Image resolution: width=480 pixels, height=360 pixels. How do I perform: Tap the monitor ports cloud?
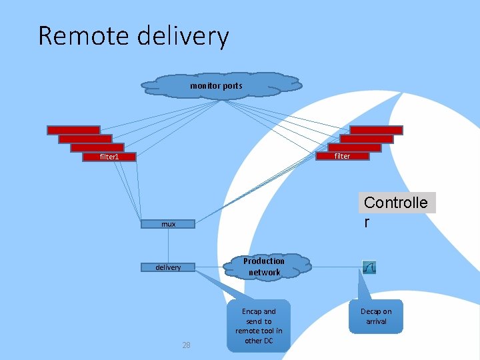220,85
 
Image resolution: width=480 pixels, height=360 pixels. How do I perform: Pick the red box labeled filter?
341,156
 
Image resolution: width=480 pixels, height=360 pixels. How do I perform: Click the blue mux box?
169,224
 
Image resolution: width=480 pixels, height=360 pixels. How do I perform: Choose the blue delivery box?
168,267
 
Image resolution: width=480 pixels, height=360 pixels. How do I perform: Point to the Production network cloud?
264,267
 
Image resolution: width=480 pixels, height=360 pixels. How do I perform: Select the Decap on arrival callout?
376,317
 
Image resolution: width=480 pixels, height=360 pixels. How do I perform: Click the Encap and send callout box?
259,326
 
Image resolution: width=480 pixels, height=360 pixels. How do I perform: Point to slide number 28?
186,345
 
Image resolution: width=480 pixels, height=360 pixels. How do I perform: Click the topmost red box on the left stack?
73,130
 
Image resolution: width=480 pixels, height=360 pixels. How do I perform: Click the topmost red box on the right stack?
377,130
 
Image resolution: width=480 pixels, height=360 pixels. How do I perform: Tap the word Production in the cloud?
264,261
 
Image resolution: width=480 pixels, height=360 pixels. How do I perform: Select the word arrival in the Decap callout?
376,321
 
